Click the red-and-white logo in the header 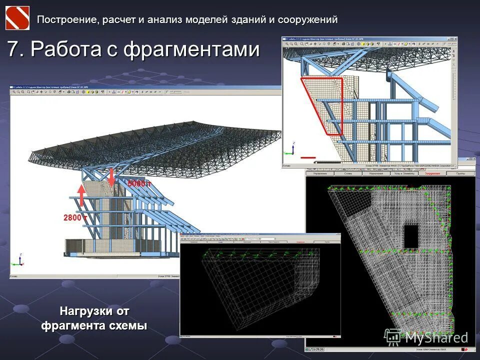coord(17,18)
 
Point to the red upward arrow coord(81,195)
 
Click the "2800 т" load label coord(75,218)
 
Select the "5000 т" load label coord(139,184)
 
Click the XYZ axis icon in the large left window coord(19,259)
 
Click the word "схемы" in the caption coord(129,326)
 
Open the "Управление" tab coord(319,173)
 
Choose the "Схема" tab coord(348,173)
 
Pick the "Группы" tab coord(460,173)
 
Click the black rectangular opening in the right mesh coord(411,236)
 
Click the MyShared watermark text coord(436,337)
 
